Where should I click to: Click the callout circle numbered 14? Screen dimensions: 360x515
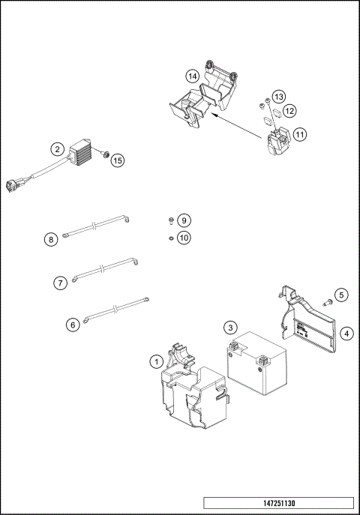193,76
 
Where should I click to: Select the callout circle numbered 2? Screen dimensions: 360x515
58,149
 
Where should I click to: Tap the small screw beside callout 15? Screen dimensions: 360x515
106,154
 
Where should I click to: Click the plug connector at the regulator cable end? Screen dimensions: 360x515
13,185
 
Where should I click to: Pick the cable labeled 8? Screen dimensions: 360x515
95,226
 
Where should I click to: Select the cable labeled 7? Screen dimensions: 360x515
105,270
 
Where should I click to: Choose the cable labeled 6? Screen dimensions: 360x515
117,310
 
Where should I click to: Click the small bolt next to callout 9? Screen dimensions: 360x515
171,220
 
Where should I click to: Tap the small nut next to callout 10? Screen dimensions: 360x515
171,238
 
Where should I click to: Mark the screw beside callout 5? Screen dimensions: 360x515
328,302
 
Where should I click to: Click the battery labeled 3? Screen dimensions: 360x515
256,363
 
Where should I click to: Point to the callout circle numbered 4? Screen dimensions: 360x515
346,334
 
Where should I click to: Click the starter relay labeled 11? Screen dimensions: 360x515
278,141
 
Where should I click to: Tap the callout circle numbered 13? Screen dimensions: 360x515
279,97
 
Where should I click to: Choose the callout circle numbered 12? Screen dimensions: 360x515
289,111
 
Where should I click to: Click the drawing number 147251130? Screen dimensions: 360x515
279,503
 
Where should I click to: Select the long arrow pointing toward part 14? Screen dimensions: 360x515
235,124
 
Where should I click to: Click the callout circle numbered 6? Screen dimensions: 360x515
73,325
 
